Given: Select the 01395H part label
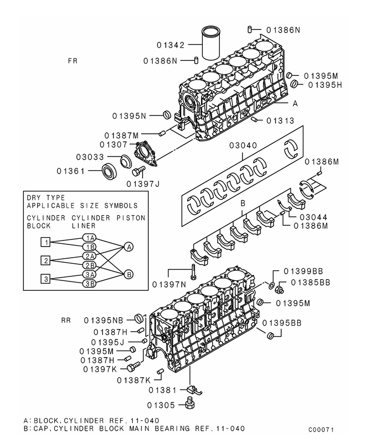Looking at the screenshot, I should pos(325,85).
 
